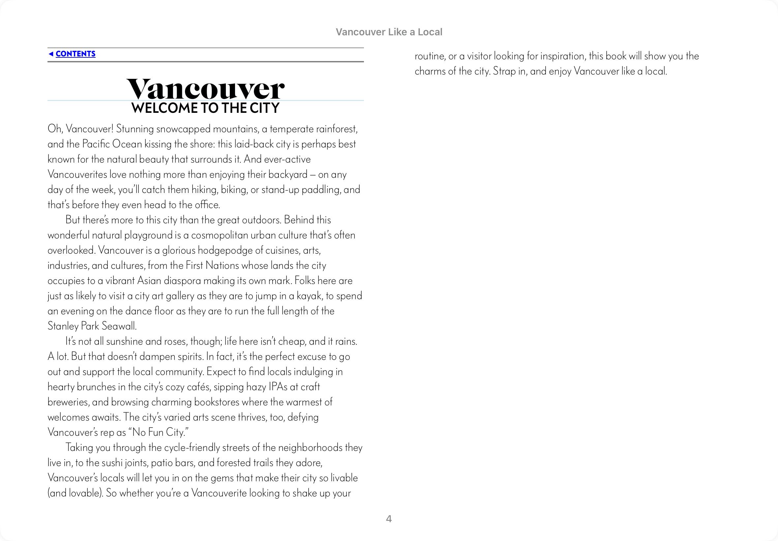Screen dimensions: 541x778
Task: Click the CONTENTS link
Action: [75, 54]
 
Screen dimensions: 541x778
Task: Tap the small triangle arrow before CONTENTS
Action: [51, 54]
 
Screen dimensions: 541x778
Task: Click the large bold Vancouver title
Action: [205, 89]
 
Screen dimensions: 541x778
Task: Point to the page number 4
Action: [389, 519]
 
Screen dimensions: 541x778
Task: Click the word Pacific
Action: [96, 144]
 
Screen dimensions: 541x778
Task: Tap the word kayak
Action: [309, 296]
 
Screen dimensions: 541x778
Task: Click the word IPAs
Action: [278, 387]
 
